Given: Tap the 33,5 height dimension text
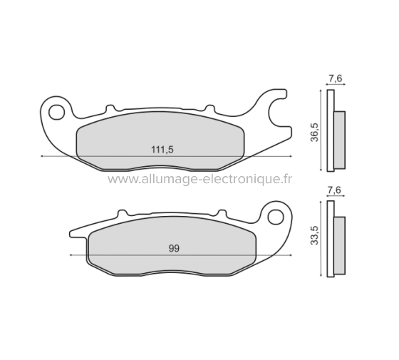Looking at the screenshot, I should click(314, 236).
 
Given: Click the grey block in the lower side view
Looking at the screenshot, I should click(339, 245).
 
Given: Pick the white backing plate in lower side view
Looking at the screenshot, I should click(330, 239).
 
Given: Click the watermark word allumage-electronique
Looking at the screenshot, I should click(207, 180).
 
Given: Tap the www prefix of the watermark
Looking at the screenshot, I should click(120, 180).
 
